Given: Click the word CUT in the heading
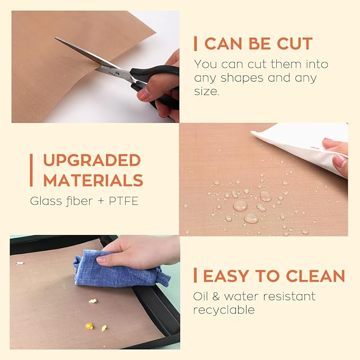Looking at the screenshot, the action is pos(295,43).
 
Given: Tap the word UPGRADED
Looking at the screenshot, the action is pos(92,160).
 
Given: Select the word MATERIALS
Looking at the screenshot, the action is pos(93,180).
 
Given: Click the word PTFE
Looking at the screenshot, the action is pos(124,201).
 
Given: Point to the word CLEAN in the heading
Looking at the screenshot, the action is pos(315,276).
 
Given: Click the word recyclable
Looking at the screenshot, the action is pos(224,310).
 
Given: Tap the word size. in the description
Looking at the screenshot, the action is pos(206,91).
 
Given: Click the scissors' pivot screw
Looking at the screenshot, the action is pos(117,74).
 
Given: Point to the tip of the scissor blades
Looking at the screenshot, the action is pos(55,38).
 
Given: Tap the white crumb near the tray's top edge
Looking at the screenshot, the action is pos(20,263).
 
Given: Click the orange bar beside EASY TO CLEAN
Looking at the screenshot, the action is pos(196,276).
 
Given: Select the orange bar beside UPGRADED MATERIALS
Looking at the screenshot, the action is pos(31,170).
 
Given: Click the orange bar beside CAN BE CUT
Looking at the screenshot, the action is pos(196,43).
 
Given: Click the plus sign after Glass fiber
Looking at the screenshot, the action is pos(101,201).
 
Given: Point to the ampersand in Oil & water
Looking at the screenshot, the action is pos(216,296).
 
